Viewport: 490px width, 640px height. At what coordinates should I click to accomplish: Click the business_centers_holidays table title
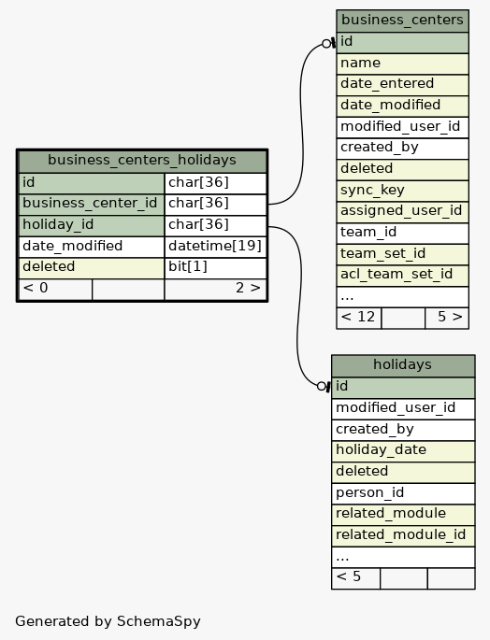[x=142, y=160]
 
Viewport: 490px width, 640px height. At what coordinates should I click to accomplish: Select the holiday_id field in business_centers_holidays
[x=92, y=225]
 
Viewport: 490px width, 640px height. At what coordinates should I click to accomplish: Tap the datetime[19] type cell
[x=215, y=246]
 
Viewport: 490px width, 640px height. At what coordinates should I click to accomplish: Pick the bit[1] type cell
[x=215, y=267]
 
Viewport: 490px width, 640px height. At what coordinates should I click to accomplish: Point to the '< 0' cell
[x=55, y=289]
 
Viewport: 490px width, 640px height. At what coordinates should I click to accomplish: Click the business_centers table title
[x=402, y=20]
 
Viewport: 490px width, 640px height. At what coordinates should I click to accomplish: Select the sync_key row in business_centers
[x=402, y=191]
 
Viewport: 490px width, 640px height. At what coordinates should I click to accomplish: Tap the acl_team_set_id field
[x=402, y=275]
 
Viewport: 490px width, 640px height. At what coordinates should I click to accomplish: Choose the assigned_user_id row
[x=402, y=211]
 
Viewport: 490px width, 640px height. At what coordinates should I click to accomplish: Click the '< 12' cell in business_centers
[x=359, y=318]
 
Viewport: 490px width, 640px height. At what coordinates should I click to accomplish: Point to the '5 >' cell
[x=447, y=318]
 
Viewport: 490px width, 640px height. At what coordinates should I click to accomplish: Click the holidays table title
[x=402, y=364]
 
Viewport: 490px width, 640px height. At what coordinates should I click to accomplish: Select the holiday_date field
[x=403, y=450]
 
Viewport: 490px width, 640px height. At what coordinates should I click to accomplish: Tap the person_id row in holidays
[x=403, y=493]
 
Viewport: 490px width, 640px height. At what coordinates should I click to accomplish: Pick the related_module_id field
[x=403, y=535]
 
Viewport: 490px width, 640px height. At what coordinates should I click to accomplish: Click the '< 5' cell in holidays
[x=356, y=578]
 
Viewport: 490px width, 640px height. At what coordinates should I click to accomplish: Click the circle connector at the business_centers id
[x=326, y=44]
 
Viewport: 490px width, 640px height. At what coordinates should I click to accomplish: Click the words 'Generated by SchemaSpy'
[x=108, y=621]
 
